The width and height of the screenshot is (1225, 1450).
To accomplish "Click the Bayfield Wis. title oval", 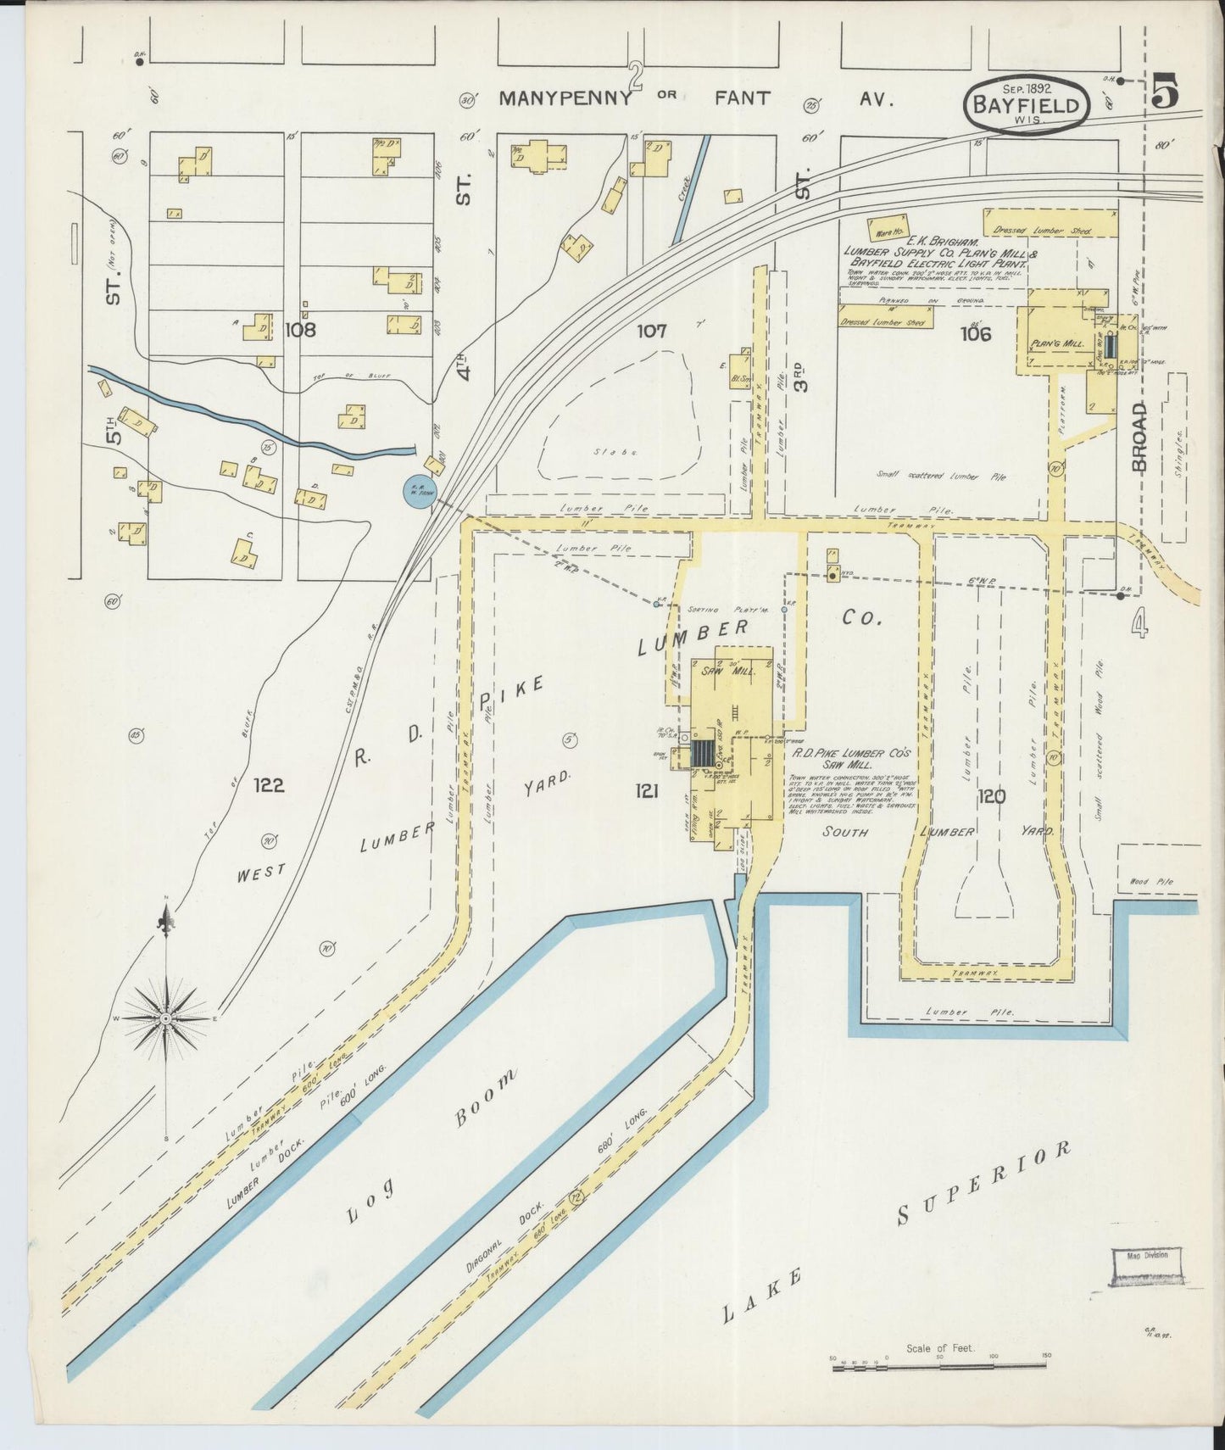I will pyautogui.click(x=1026, y=104).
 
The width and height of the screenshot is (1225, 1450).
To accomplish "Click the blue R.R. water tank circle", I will pyautogui.click(x=419, y=492).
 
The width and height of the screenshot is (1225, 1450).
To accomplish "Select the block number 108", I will pyautogui.click(x=301, y=329).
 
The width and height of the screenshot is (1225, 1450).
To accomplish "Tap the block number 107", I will pyautogui.click(x=653, y=332).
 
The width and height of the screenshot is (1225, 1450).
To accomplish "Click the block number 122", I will pyautogui.click(x=269, y=785).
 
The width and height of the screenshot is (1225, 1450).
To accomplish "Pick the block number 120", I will pyautogui.click(x=991, y=796).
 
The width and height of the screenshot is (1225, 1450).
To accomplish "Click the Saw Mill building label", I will pyautogui.click(x=720, y=670).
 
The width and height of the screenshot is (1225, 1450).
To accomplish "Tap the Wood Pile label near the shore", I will pyautogui.click(x=1150, y=882).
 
